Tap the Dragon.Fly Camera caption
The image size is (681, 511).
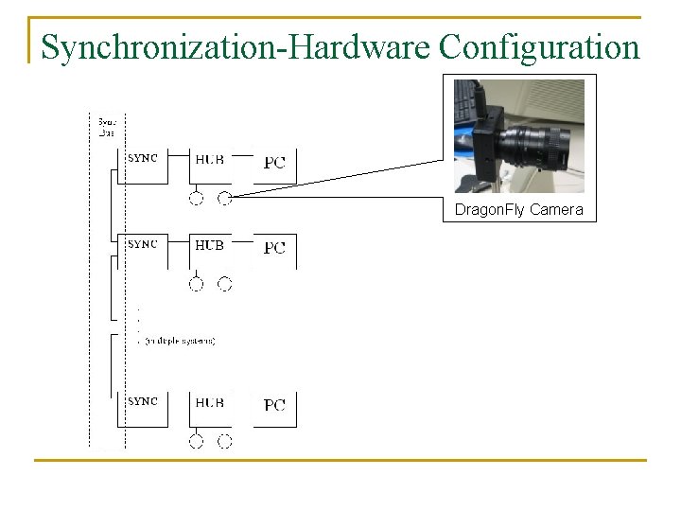(518, 209)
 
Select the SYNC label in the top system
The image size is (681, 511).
(143, 159)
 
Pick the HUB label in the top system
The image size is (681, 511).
(209, 160)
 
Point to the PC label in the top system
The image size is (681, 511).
(274, 162)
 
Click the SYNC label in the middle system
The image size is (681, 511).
(143, 244)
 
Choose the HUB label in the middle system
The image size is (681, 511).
(209, 245)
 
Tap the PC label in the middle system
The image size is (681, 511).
(274, 248)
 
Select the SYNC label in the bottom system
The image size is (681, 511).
(143, 401)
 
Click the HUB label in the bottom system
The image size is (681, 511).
(209, 402)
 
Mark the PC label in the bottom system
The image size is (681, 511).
(274, 405)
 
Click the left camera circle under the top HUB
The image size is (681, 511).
(196, 198)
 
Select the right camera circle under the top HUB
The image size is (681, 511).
(225, 198)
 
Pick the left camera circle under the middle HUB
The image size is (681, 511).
(196, 283)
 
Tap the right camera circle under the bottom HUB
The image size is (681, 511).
(225, 440)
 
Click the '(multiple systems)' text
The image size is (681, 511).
(180, 341)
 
